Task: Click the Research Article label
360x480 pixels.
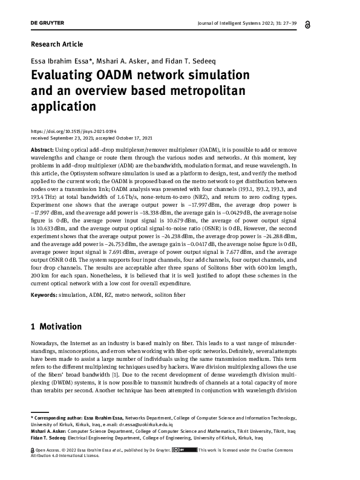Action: click(56, 44)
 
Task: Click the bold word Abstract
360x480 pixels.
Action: click(42, 149)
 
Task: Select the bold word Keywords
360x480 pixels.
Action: click(44, 294)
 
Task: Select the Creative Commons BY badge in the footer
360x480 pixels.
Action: click(184, 450)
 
